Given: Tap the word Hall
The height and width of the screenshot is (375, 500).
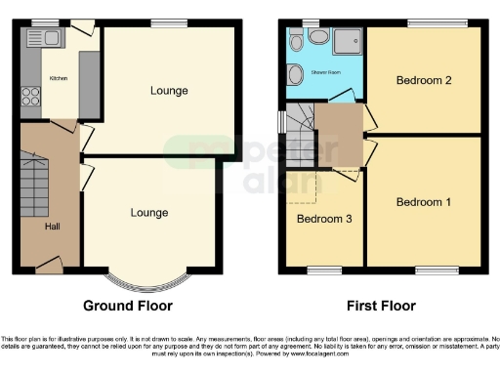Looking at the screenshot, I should click(x=51, y=226).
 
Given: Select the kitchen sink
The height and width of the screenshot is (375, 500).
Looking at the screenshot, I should click(x=49, y=40).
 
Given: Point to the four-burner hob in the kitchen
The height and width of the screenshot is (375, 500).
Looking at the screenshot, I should click(x=30, y=97).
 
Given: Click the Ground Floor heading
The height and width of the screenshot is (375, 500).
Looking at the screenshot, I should click(x=128, y=306).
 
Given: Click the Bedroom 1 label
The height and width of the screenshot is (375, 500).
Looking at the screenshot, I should click(x=424, y=202).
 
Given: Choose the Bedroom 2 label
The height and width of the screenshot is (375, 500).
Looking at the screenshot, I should click(x=423, y=81).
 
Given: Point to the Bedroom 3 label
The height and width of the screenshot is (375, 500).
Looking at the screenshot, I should click(x=324, y=218).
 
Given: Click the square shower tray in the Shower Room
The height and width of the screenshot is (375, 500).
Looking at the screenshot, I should click(x=346, y=40).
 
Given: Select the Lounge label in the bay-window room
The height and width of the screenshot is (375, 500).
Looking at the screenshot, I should click(x=148, y=212).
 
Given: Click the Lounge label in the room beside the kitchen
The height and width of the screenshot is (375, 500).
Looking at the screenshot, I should click(x=169, y=91).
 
